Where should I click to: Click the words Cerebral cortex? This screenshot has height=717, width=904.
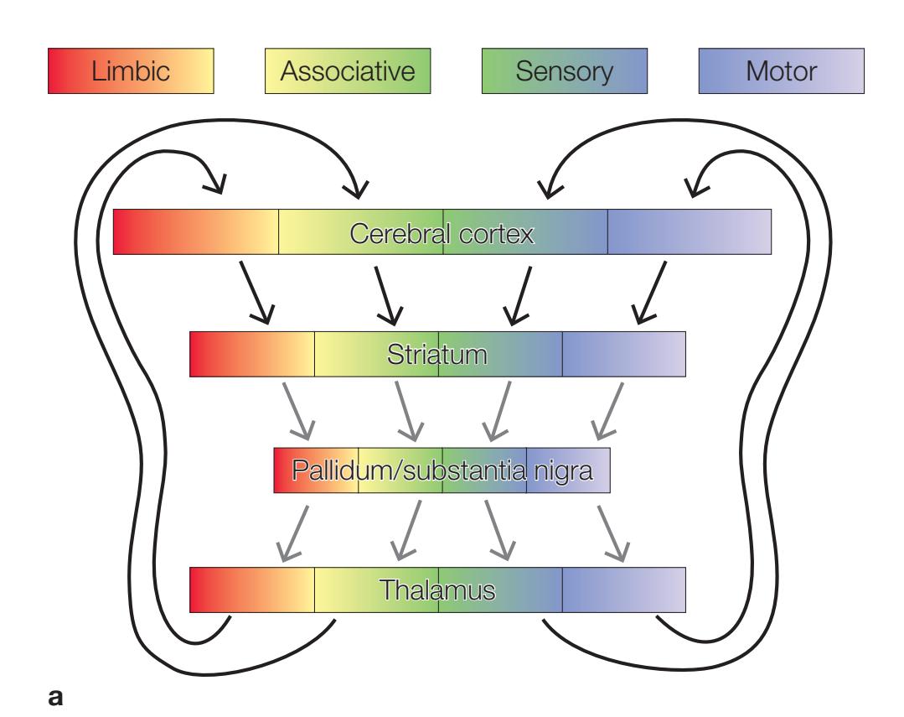tap(442, 232)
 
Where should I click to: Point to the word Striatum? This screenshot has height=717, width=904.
tap(437, 354)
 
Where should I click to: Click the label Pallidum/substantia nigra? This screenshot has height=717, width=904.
tap(442, 471)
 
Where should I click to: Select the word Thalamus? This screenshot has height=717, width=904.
tap(437, 590)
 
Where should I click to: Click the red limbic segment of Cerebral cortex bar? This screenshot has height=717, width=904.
tap(195, 232)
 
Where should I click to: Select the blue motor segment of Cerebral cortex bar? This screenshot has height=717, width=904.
tap(689, 232)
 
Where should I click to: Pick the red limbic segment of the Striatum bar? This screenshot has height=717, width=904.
tap(252, 354)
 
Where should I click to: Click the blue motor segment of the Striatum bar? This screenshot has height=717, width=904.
tap(624, 354)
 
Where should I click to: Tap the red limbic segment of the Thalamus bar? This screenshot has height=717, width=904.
tap(252, 590)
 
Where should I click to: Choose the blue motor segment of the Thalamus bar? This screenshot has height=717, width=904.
tap(624, 590)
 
